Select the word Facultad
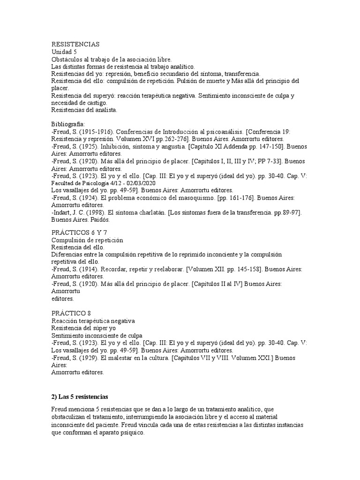click(x=62, y=183)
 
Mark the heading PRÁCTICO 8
click(x=68, y=313)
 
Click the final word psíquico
click(x=132, y=433)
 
